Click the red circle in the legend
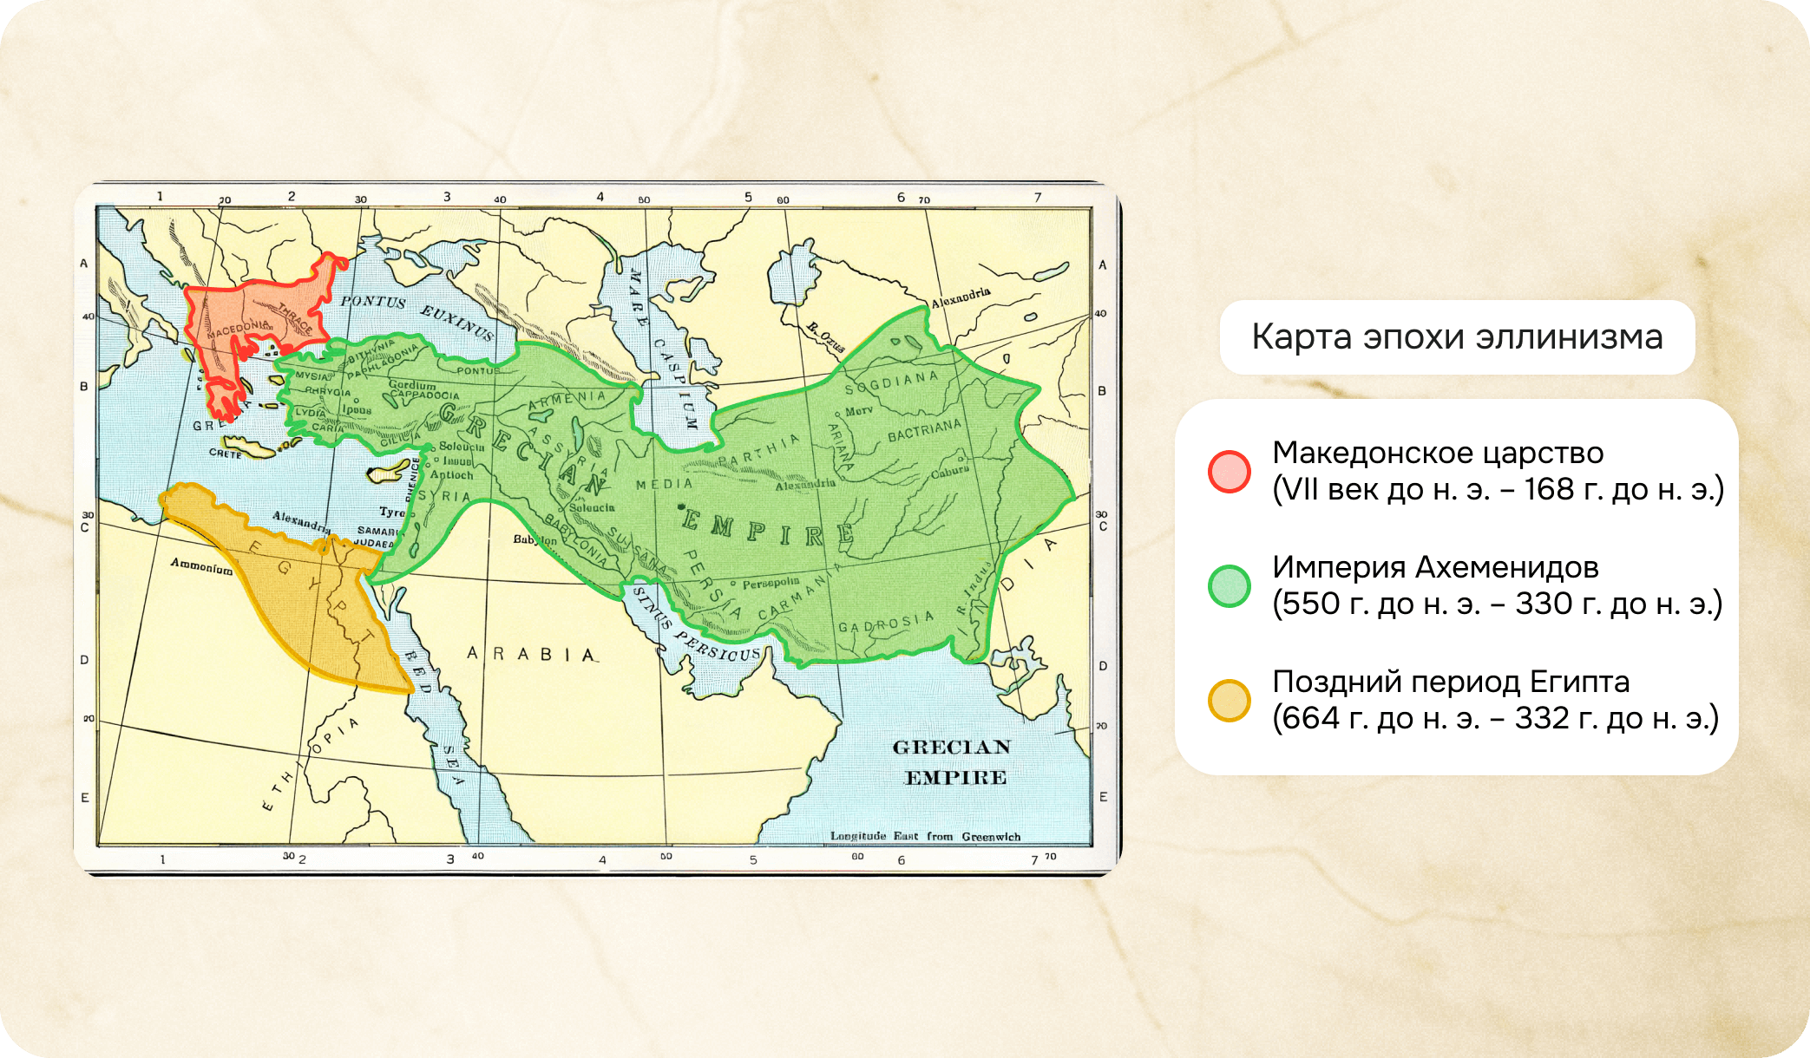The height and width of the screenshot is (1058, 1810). [1229, 472]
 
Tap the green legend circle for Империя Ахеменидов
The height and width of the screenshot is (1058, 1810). [1229, 586]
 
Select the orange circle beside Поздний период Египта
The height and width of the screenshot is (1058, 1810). [1229, 701]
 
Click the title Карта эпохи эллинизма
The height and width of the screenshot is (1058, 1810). [1457, 337]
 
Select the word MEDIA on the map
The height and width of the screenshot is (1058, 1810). [665, 484]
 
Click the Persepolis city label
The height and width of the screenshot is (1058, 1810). [771, 584]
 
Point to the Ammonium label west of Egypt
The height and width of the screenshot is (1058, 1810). [201, 566]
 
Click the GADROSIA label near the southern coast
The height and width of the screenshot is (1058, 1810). [885, 623]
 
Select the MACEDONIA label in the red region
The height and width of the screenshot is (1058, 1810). [238, 330]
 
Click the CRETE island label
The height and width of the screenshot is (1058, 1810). [225, 454]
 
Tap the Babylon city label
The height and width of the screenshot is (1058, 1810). [534, 539]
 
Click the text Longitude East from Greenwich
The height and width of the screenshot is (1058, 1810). [925, 837]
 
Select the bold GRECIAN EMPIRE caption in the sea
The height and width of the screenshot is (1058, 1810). [953, 762]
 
